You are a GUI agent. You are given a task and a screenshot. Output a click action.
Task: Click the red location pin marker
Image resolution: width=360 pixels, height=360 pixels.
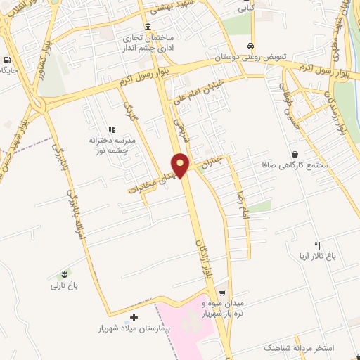point(181,165)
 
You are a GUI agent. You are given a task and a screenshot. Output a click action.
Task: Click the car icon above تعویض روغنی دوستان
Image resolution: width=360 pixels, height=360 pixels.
point(250,46)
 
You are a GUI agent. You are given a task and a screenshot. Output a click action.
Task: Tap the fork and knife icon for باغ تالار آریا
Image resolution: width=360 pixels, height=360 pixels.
point(317,245)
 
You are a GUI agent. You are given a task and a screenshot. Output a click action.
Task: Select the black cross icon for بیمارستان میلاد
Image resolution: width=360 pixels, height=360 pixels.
point(134,318)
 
